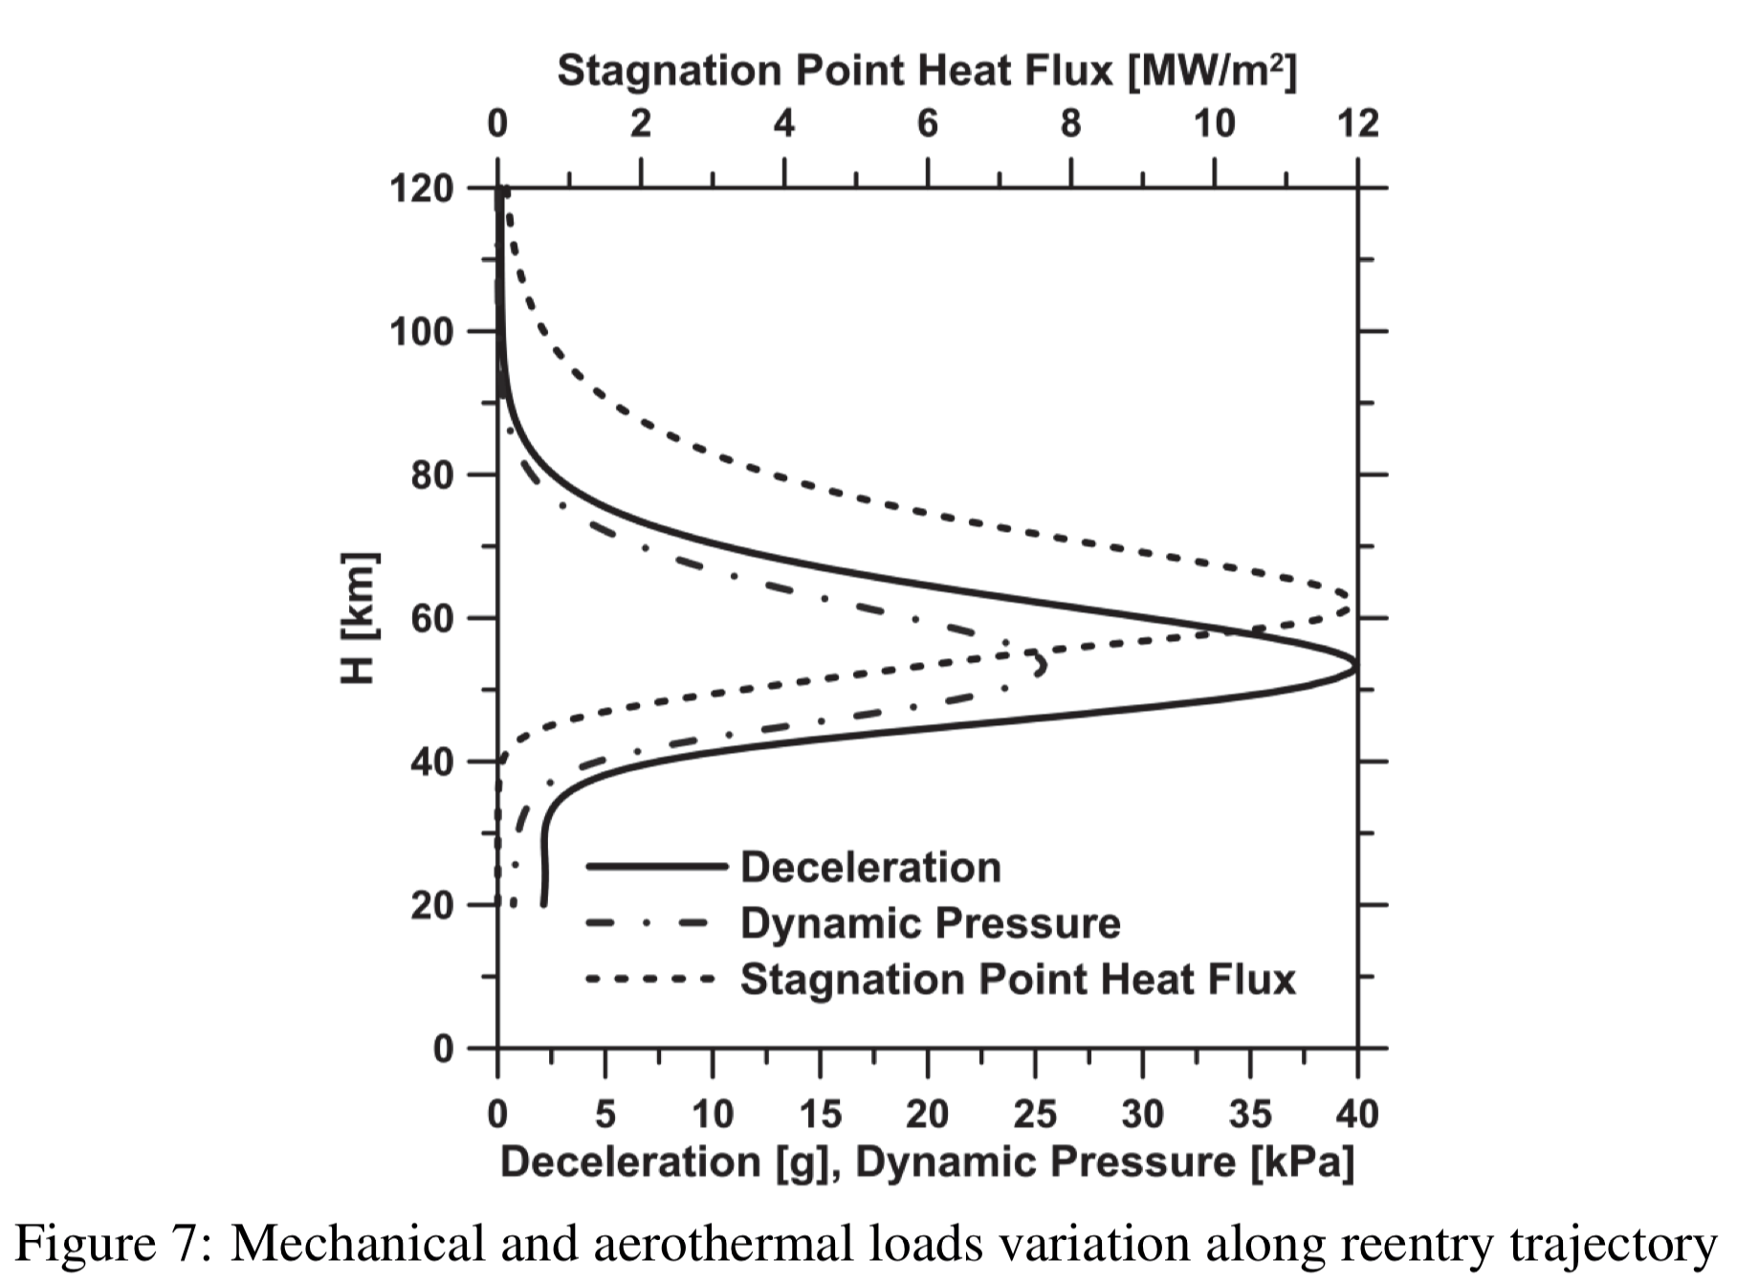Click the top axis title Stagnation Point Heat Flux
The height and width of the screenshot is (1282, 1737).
coord(926,70)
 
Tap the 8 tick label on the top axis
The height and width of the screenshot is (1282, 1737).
coord(1070,123)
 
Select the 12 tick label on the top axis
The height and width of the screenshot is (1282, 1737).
coord(1356,123)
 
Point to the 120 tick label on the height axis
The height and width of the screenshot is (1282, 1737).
coord(421,188)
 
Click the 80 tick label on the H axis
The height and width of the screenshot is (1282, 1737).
coord(431,475)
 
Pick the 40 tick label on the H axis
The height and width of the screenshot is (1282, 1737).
coord(431,763)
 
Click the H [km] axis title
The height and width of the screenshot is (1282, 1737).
coord(359,618)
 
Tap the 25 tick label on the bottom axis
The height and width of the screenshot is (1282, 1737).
coord(1034,1115)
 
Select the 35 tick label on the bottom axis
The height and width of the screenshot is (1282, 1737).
coord(1249,1115)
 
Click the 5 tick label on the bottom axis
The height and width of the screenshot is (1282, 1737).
coord(605,1115)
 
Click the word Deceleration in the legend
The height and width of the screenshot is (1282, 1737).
coord(870,867)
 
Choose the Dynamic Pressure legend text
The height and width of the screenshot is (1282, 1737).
coord(930,923)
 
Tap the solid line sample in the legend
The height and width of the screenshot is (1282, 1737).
coord(655,867)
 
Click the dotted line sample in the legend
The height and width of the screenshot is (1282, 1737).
coord(650,979)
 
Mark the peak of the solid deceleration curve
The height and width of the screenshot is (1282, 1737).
coord(1355,666)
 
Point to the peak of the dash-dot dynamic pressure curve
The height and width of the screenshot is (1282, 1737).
coord(1042,663)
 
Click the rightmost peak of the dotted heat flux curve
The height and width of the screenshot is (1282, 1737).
coord(1349,602)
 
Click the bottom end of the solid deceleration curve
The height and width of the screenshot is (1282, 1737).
coord(544,903)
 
